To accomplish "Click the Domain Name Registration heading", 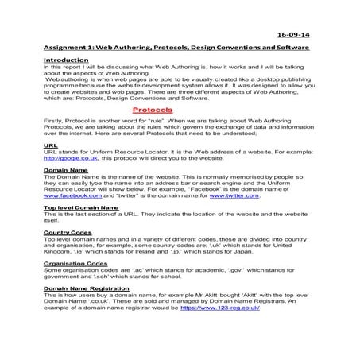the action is pyautogui.click(x=91, y=289).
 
